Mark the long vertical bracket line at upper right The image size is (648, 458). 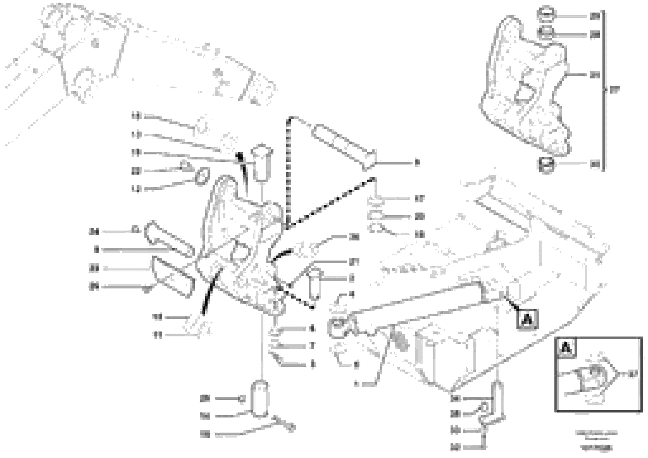pyautogui.click(x=603, y=90)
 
